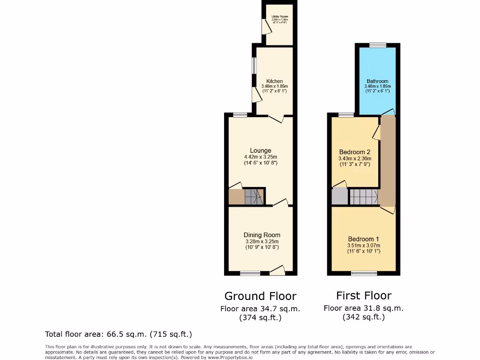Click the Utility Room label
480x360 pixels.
pos(280,17)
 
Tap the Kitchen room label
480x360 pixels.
pos(274,81)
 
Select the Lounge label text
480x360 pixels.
pos(261,150)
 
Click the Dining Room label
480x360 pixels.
pos(262,235)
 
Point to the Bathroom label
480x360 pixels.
pos(377,81)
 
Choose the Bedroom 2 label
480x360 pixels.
pos(355,152)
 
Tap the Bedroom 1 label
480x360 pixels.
pos(364,239)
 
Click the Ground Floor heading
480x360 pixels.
pos(260,296)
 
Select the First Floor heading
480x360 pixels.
pos(364,295)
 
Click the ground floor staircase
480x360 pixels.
pos(254,196)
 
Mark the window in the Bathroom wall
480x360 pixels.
pos(377,45)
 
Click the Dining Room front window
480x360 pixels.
pos(250,273)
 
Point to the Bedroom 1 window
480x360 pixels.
pos(364,273)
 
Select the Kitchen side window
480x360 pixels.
pos(254,66)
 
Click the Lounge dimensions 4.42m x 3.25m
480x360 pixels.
pos(261,157)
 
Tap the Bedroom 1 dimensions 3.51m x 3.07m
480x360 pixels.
pos(364,246)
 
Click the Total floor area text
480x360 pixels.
pos(118,334)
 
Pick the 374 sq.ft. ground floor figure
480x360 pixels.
pos(260,317)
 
